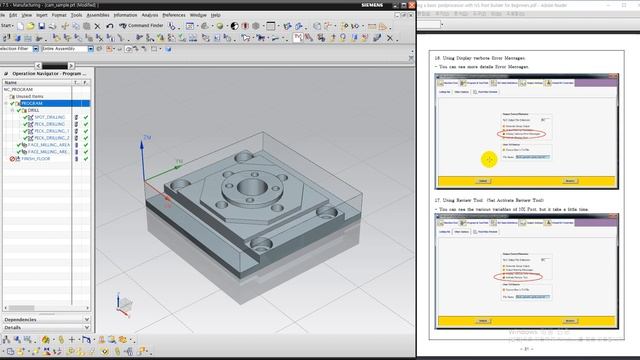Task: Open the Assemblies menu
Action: coord(98,15)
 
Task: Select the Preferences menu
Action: coord(173,15)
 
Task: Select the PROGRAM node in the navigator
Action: coord(32,103)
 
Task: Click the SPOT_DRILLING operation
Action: coord(49,117)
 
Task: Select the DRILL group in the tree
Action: coord(33,110)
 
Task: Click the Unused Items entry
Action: coord(30,96)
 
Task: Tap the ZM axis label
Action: coord(148,137)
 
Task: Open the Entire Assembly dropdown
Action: coord(69,47)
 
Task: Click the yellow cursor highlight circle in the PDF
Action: coord(489,159)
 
